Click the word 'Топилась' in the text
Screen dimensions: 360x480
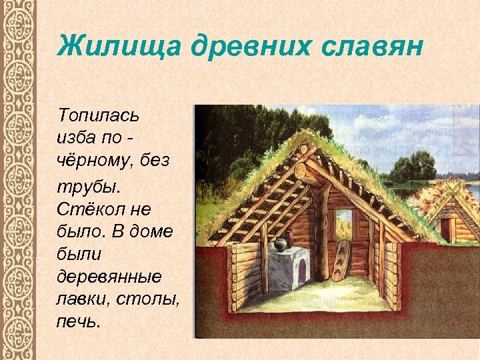tap(98, 116)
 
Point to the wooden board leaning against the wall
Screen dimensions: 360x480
tap(341, 261)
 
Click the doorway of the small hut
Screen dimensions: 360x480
tap(445, 229)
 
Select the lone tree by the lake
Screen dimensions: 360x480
tap(421, 165)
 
